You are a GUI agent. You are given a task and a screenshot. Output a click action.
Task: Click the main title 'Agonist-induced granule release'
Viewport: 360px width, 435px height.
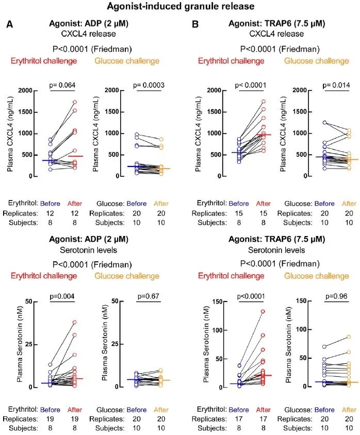pos(179,7)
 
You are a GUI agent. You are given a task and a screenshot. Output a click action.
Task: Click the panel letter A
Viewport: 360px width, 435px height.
pos(9,25)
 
